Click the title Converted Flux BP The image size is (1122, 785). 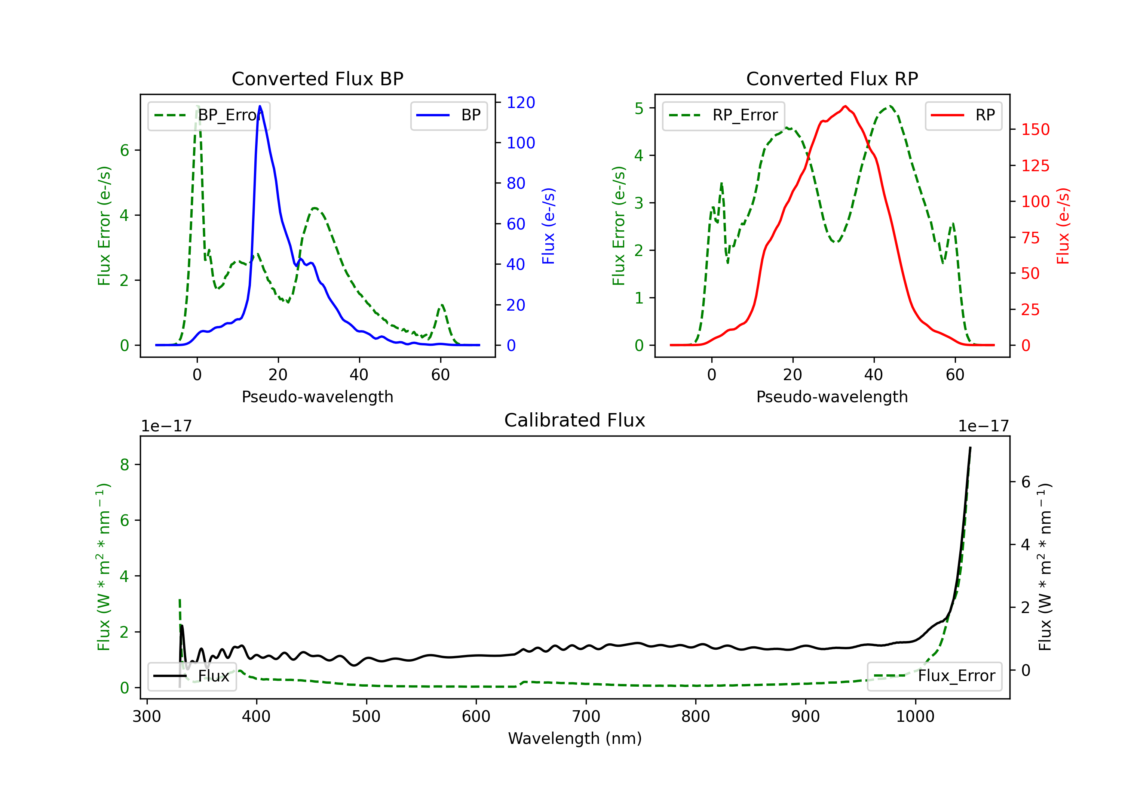[317, 78]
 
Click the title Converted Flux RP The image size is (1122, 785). [832, 78]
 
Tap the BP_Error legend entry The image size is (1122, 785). [209, 115]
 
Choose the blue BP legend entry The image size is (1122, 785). [448, 115]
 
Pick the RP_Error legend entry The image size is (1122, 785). [723, 115]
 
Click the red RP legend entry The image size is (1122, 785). [963, 115]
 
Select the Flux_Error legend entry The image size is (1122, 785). [934, 676]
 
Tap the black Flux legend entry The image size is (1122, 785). [192, 676]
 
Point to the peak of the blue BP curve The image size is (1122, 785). [260, 106]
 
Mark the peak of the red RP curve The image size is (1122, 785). [845, 106]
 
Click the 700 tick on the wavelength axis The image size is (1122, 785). [586, 716]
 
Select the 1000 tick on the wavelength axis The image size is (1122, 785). [915, 716]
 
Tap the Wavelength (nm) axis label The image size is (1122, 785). [575, 738]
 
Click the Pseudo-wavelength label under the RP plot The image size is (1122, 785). [832, 397]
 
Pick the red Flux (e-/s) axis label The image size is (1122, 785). [1063, 226]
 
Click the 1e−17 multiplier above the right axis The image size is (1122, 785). [983, 426]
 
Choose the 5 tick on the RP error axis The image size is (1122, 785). [639, 108]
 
